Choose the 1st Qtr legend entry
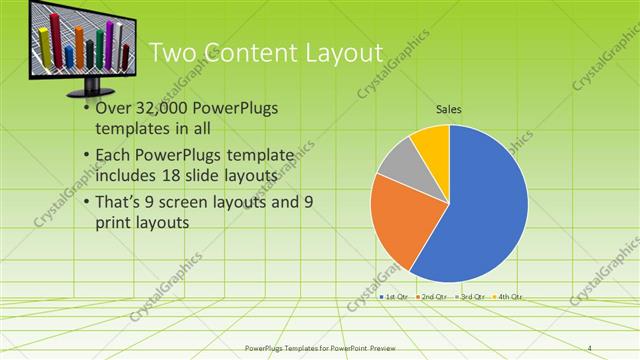pyautogui.click(x=393, y=297)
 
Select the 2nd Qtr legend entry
pyautogui.click(x=431, y=297)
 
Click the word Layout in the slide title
pyautogui.click(x=335, y=53)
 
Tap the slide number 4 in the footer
pyautogui.click(x=590, y=347)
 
